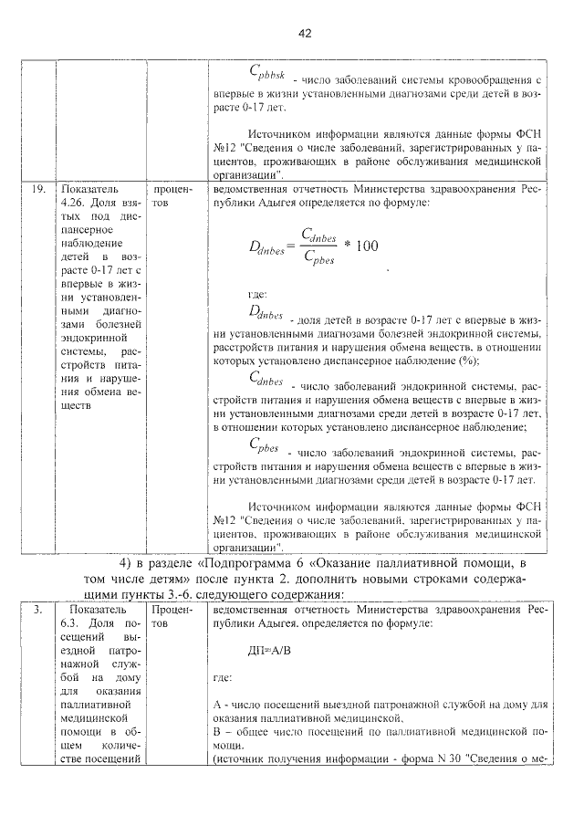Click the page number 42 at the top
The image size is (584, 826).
305,33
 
